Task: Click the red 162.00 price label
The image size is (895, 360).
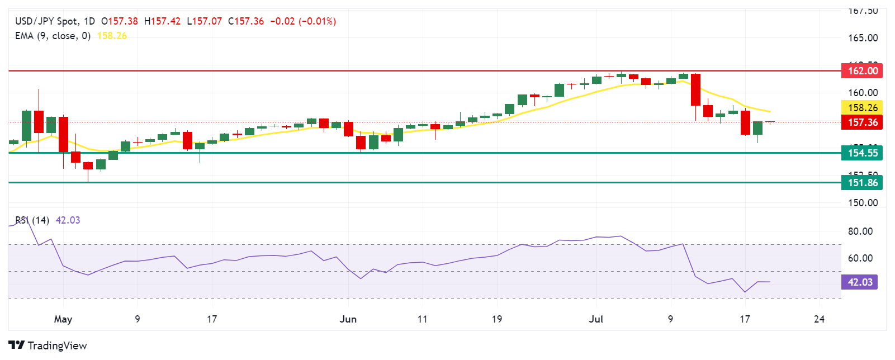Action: (862, 71)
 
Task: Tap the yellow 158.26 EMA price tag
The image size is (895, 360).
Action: (862, 108)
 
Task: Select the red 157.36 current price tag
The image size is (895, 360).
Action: (862, 122)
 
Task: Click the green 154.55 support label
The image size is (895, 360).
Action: (862, 153)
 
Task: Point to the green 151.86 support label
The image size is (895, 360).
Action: (862, 183)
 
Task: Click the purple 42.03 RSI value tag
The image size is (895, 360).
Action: (859, 282)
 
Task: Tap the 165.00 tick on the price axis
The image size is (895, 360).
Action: (863, 38)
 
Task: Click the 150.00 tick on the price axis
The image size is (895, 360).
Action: (863, 203)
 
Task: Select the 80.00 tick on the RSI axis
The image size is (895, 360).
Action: (860, 231)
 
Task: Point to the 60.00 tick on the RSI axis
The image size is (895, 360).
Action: (860, 258)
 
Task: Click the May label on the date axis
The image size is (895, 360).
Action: (63, 319)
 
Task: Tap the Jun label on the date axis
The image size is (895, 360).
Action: (348, 319)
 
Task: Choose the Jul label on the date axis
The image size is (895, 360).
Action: (596, 319)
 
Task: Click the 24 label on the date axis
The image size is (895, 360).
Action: (819, 319)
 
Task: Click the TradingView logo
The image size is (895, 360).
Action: (48, 345)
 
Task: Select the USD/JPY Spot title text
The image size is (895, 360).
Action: (47, 21)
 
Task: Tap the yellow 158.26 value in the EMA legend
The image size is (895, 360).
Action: (112, 36)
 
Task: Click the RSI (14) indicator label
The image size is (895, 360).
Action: (32, 220)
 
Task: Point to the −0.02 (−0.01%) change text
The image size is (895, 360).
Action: (303, 21)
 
